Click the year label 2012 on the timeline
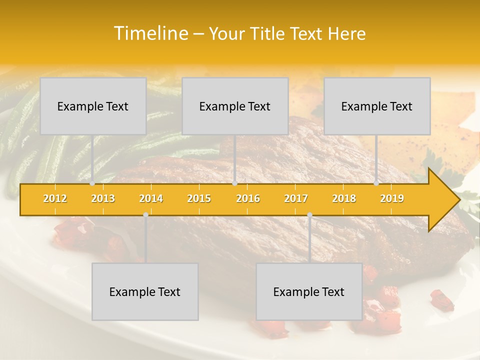tap(55, 198)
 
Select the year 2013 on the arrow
tap(103, 198)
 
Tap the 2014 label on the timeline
tap(151, 198)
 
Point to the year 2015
tap(199, 198)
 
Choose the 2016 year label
tap(248, 198)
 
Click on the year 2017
tap(296, 198)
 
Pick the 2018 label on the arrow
tap(344, 198)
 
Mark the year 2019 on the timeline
tap(392, 198)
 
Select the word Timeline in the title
tap(150, 33)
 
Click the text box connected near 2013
tap(93, 106)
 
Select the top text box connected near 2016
tap(235, 106)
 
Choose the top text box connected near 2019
tap(377, 106)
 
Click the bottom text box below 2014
tap(145, 291)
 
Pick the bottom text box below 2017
tap(309, 291)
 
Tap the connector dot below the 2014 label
tap(145, 215)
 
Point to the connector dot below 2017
tap(309, 215)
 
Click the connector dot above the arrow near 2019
tap(376, 183)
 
